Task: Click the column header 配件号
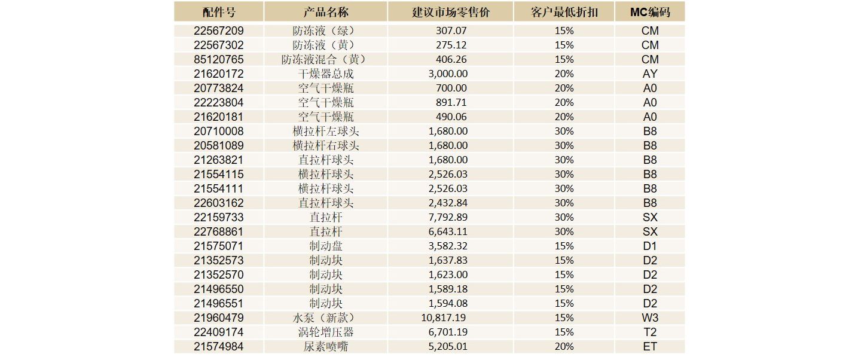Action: tap(219, 12)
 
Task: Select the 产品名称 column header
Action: tap(326, 12)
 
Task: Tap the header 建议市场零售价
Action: tap(450, 12)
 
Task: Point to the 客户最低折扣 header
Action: tap(564, 12)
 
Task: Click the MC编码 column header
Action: tap(649, 12)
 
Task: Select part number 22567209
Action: tap(219, 30)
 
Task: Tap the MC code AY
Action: tap(649, 74)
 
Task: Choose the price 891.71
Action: tap(451, 102)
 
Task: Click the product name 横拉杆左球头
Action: tap(326, 131)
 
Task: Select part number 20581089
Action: tap(219, 145)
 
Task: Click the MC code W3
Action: tap(649, 318)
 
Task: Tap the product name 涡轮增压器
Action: tap(326, 332)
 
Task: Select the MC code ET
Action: tap(649, 346)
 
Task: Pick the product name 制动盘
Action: tap(326, 246)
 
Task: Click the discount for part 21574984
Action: tap(564, 346)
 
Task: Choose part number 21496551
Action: tap(219, 303)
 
